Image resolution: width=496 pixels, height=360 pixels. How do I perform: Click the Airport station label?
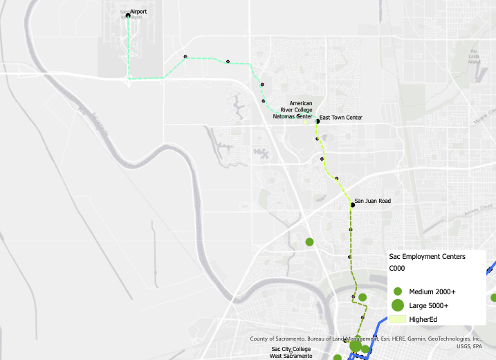click(138, 12)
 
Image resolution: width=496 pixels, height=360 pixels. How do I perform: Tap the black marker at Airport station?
click(128, 15)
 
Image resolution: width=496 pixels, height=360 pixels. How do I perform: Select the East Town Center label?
click(341, 118)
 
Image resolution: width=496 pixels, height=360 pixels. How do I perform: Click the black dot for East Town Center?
click(318, 120)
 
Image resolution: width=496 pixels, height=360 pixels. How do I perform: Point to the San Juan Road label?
click(373, 201)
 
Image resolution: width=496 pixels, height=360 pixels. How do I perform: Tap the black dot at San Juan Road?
click(352, 204)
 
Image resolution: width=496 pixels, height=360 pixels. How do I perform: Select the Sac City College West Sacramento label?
click(291, 352)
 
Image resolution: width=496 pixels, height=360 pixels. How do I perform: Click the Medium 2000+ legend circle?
click(398, 291)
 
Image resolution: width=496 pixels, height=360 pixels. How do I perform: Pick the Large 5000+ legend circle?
click(398, 305)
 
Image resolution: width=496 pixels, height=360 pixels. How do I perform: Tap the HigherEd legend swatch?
click(398, 319)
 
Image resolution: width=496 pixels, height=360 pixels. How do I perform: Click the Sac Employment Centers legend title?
click(428, 256)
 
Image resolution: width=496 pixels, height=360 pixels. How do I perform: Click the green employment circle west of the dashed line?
click(310, 242)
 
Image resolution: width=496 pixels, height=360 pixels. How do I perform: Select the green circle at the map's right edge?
click(494, 297)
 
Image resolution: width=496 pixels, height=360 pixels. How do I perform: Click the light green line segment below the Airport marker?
click(129, 48)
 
